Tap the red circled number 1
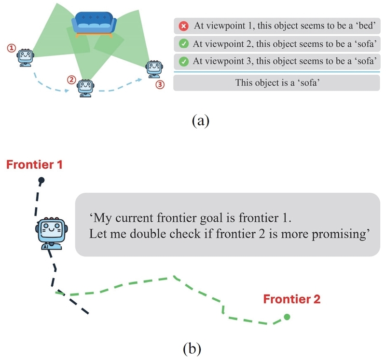tap(12, 48)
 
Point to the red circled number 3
tap(161, 84)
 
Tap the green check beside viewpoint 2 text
tap(183, 44)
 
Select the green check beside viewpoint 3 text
tap(183, 62)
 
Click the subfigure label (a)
tap(200, 120)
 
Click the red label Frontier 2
tap(292, 299)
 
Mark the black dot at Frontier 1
tap(41, 181)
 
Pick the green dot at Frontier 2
tap(287, 317)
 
